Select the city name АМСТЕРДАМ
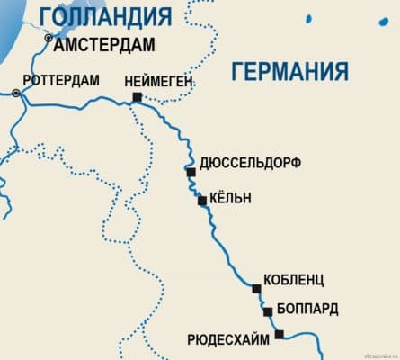104,45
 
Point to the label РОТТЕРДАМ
61,79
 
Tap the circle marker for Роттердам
17,93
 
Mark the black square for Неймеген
137,96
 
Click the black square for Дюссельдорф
191,171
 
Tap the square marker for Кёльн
203,201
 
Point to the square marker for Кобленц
257,289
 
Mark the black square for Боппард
268,311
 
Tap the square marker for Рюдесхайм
280,334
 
